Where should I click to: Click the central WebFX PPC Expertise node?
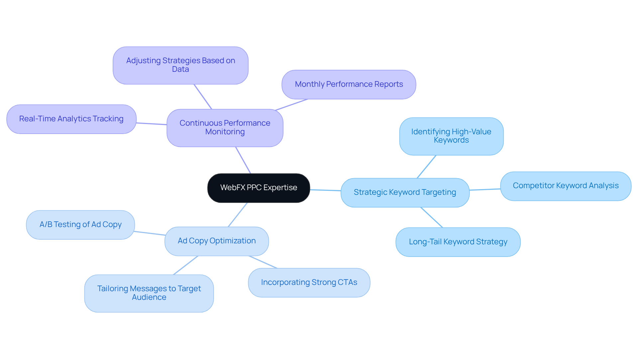tap(259, 188)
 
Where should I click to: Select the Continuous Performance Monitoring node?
tap(225, 128)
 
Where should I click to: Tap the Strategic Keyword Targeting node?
tap(405, 192)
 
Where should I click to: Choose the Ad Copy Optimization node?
tap(217, 241)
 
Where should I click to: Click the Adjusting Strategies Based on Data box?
tap(180, 65)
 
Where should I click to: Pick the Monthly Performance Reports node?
tap(349, 84)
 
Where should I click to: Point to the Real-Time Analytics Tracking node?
tap(71, 119)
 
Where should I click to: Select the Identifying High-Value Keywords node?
tap(451, 136)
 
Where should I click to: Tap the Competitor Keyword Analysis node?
tap(565, 186)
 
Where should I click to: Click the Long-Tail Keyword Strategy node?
tap(458, 242)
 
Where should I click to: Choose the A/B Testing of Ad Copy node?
tap(80, 225)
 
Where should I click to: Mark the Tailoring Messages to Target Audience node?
tap(149, 293)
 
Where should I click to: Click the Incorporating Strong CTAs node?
tap(309, 283)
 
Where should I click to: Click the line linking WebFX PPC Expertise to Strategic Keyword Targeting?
tap(325, 190)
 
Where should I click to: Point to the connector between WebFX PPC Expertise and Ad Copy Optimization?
tap(238, 215)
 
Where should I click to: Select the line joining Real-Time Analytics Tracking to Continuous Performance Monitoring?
tap(152, 124)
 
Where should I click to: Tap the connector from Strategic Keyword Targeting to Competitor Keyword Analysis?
tap(485, 189)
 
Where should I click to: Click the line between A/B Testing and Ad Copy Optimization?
tap(150, 233)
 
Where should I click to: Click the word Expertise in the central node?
tap(280, 188)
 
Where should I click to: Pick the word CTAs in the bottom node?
tap(347, 283)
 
